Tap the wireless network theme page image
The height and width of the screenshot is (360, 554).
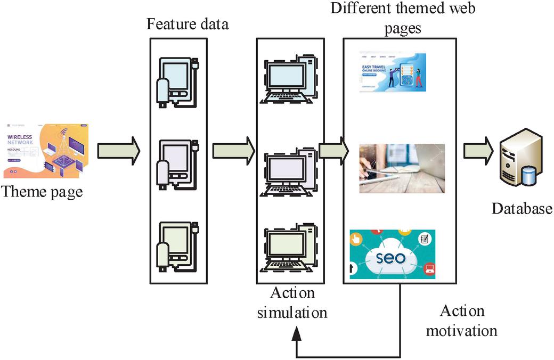point(46,151)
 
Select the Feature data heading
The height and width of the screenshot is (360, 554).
point(188,24)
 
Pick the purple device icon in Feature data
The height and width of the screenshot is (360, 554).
point(177,164)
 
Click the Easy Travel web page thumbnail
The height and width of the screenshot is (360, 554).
point(393,72)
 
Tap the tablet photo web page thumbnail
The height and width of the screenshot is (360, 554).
point(402,168)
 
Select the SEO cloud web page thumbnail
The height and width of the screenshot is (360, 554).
point(392,254)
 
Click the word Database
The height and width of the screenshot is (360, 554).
point(522,208)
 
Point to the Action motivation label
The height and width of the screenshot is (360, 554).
point(461,321)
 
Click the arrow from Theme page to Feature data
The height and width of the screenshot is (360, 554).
point(118,151)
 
